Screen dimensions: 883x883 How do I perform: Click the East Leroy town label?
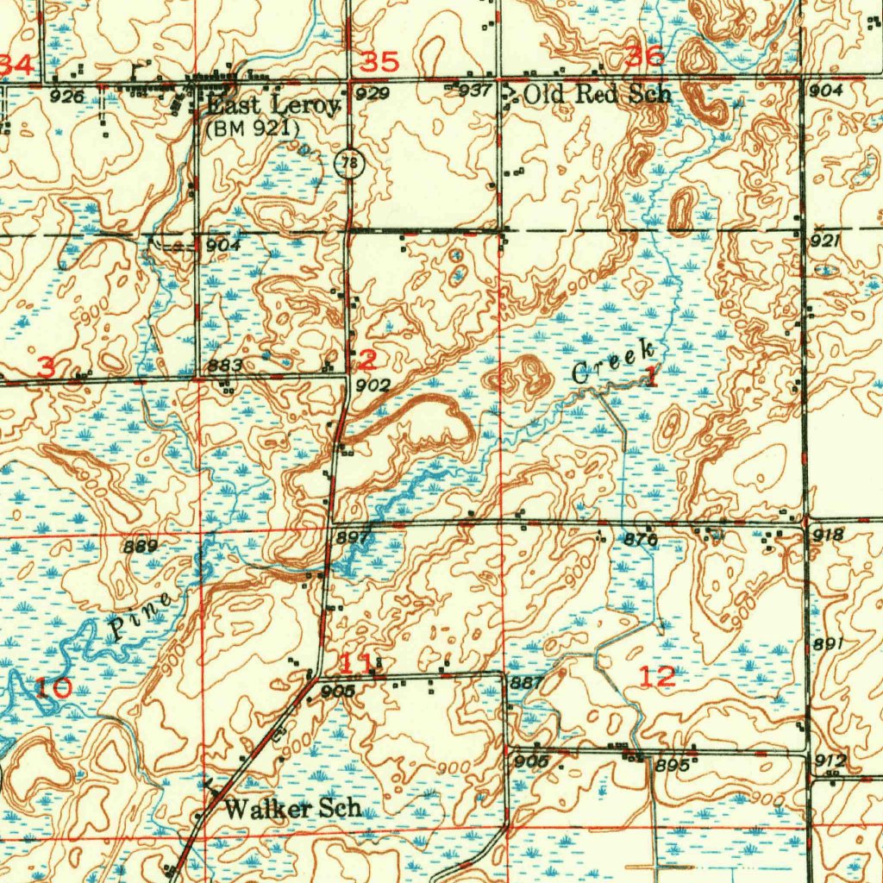point(273,106)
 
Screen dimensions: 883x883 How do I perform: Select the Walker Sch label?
point(292,809)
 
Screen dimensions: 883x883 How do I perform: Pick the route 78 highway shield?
point(348,164)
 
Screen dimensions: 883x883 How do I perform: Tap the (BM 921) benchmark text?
point(253,128)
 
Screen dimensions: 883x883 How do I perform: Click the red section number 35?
point(379,62)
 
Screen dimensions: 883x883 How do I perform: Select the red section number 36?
point(645,57)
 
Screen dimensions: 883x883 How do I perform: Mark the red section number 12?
point(658,677)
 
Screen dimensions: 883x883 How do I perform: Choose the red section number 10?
point(54,687)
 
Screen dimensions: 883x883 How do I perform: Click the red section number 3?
point(47,366)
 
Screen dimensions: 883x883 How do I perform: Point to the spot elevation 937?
point(475,91)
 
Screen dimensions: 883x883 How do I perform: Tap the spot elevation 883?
point(226,366)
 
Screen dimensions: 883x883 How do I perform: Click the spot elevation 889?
point(140,546)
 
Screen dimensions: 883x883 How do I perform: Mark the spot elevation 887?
point(527,682)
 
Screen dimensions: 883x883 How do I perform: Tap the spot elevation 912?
point(830,761)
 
